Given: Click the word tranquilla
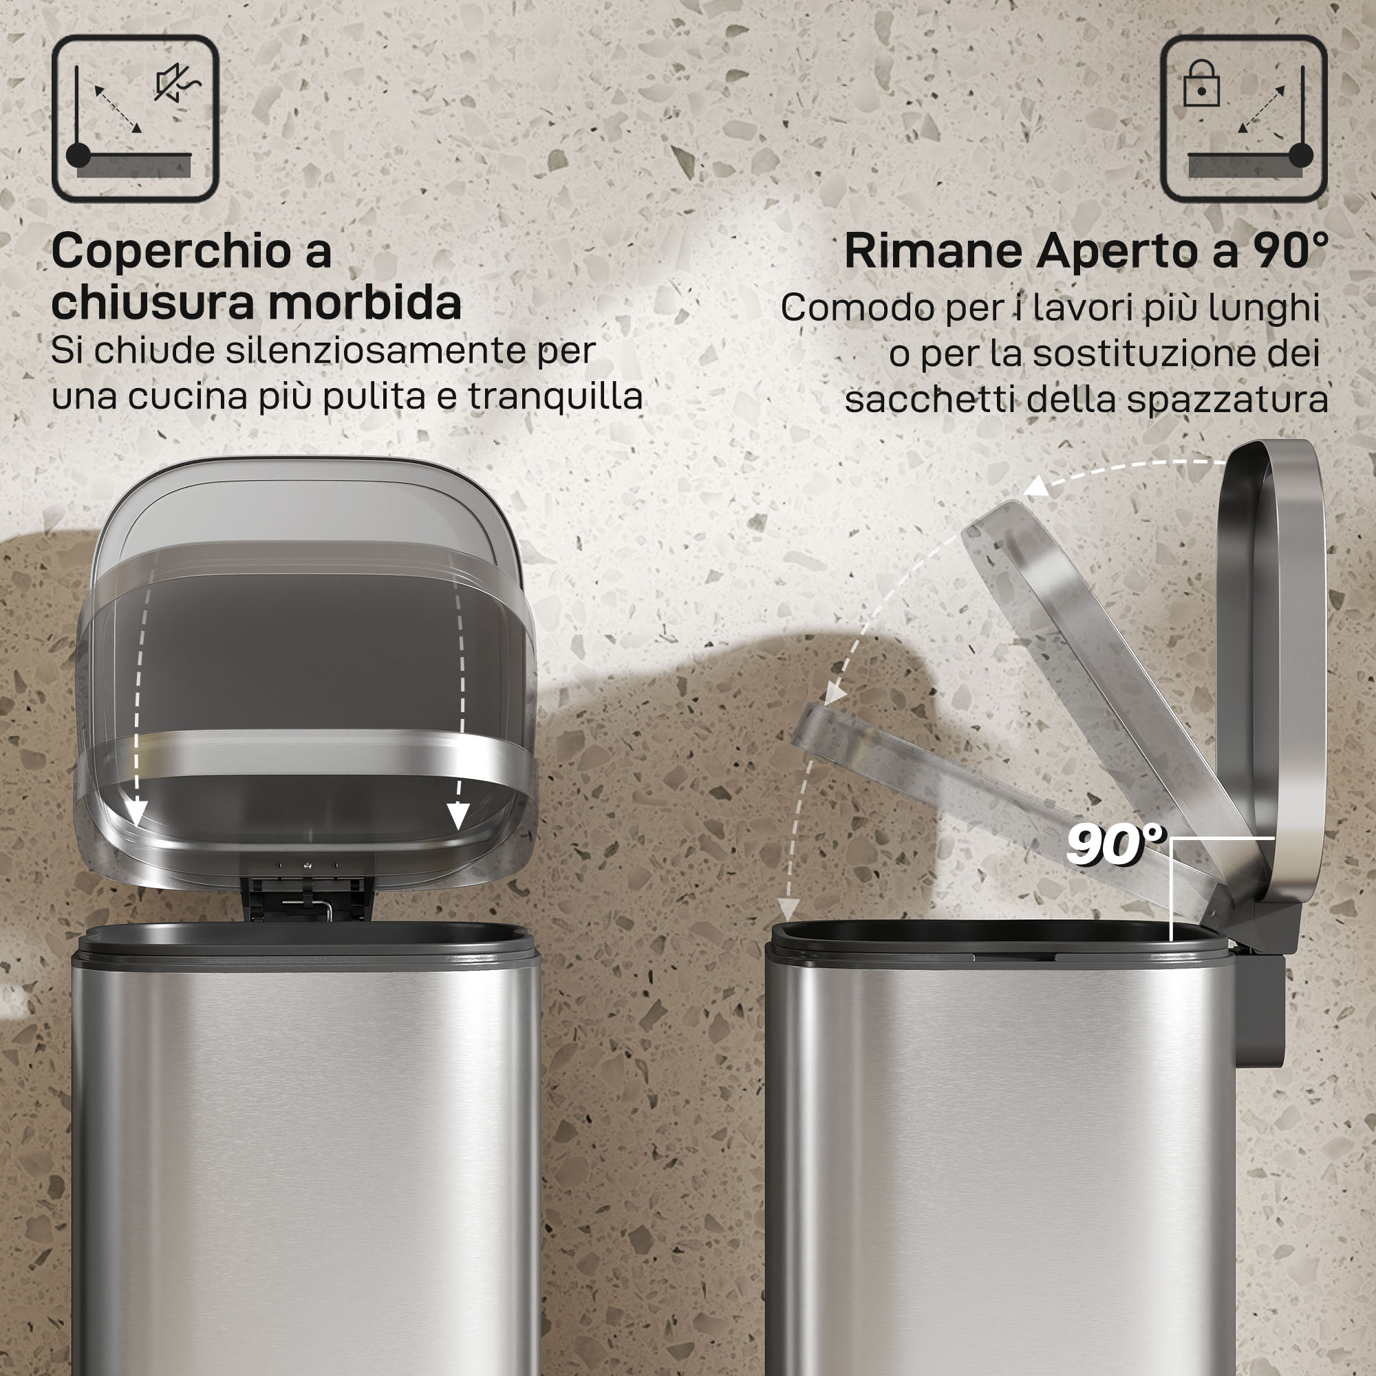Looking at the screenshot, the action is [x=555, y=396].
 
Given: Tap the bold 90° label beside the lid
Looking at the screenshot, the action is [x=1115, y=845].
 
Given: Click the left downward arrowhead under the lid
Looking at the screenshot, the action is [x=137, y=813].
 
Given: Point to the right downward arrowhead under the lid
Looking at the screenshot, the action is [x=459, y=816].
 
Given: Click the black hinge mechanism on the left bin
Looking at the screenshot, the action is [x=306, y=897].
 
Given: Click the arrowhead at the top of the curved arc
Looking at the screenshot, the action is [x=1035, y=487].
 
